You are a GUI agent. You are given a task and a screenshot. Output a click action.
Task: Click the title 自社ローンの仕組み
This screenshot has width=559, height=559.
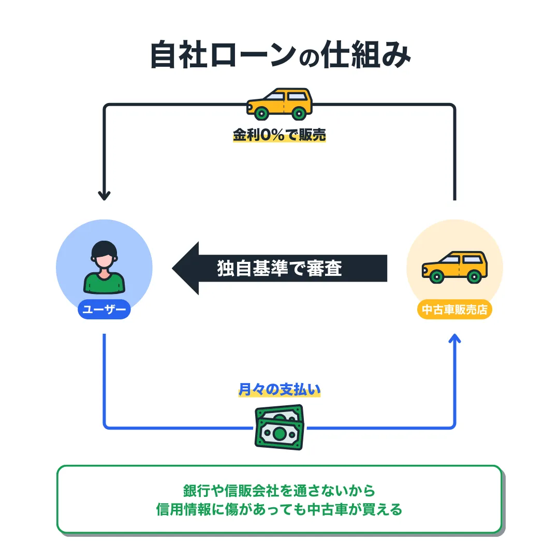pos(279,55)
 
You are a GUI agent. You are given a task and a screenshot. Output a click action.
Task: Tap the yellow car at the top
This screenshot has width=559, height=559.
pos(279,104)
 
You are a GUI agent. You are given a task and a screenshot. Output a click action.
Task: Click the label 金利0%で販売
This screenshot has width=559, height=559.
pos(279,136)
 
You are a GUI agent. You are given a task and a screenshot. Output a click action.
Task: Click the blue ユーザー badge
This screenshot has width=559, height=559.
pos(104,310)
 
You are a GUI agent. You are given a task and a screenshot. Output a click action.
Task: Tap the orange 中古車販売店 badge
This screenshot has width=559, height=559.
pos(454,310)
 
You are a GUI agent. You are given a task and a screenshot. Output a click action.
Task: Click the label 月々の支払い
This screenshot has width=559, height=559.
pos(279,390)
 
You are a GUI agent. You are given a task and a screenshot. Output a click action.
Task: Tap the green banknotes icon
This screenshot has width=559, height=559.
pos(279,427)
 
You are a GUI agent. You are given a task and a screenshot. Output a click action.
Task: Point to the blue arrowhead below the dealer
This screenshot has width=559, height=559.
pos(454,339)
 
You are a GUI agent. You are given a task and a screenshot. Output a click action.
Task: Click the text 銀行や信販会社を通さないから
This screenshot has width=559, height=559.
pos(279,490)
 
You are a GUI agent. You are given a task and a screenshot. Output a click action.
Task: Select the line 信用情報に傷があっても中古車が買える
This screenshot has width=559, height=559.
pos(279,510)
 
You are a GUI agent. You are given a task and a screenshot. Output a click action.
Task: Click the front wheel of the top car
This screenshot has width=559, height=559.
pos(262,113)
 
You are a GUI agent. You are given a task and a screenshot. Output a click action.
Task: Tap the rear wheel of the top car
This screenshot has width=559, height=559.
pos(299,113)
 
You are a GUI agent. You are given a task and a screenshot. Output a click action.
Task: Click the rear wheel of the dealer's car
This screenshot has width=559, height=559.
pos(473,276)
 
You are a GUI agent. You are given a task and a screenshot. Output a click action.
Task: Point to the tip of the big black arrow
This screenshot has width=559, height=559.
pos(174,269)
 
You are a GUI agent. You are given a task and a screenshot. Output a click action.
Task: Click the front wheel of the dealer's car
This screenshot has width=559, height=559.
pos(437,276)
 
